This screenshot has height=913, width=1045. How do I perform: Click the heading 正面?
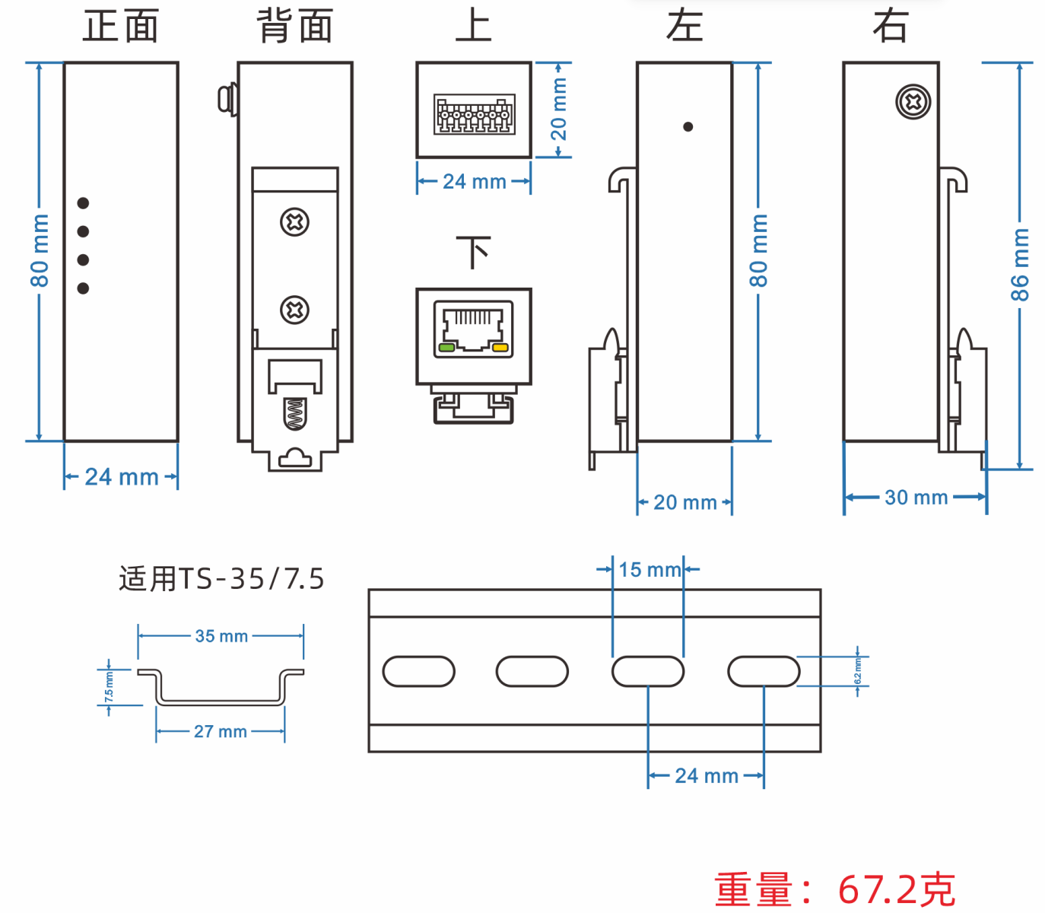coord(121,26)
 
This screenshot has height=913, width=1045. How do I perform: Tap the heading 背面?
coord(295,26)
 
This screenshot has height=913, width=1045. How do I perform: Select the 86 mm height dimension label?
coord(1019,264)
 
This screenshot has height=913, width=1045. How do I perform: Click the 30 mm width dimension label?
coord(916,498)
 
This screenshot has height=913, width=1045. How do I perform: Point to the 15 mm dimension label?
coord(649,569)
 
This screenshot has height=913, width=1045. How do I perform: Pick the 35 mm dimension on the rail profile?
coord(221,636)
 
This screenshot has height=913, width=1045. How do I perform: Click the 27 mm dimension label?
coord(221,731)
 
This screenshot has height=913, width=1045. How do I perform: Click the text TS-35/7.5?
coord(252,579)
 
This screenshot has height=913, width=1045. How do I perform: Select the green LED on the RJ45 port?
coord(446,348)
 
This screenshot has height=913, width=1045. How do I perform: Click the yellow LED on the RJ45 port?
coord(500,348)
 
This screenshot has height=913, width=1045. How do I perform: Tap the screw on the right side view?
coord(913,102)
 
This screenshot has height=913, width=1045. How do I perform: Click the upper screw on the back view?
coord(294,222)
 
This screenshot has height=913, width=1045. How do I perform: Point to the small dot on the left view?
coord(688,127)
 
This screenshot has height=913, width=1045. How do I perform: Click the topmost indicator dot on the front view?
coord(84,203)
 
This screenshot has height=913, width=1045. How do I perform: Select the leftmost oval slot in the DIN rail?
coord(418,672)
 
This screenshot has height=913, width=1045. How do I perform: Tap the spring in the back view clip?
coord(294,415)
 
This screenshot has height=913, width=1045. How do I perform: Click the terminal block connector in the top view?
coord(473,114)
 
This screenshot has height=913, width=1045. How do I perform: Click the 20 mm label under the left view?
coord(684,502)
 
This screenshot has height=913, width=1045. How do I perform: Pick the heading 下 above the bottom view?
coord(473,252)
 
